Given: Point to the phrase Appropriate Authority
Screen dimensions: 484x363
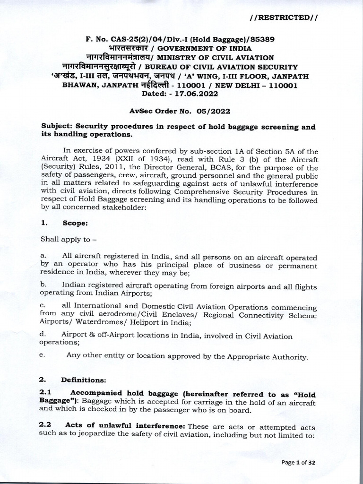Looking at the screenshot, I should point(263,357).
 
